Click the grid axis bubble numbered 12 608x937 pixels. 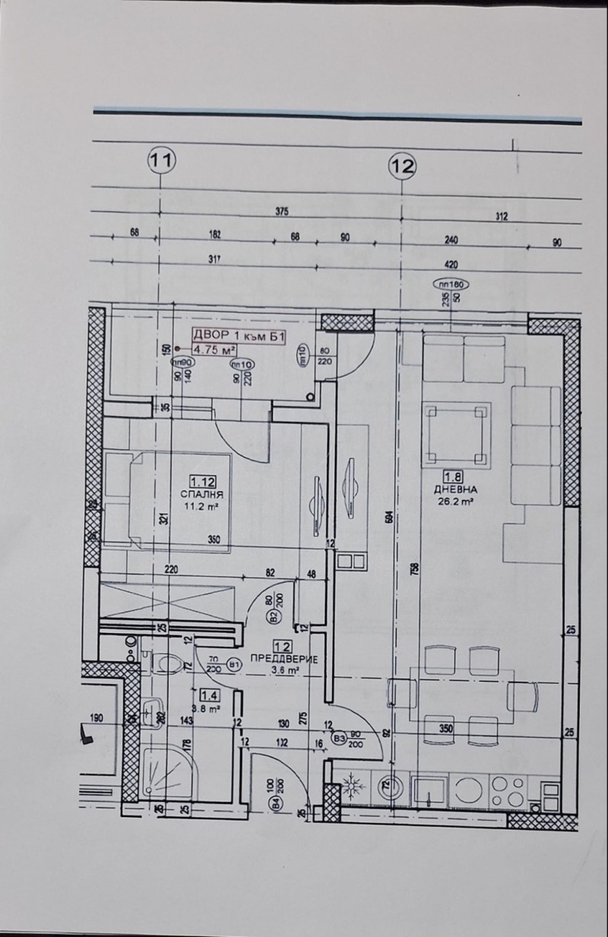click(x=402, y=165)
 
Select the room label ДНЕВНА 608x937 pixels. click(x=456, y=490)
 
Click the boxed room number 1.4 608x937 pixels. click(x=211, y=694)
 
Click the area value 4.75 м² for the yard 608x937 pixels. click(x=213, y=350)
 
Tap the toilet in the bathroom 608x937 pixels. click(x=162, y=663)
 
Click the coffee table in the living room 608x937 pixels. click(x=456, y=433)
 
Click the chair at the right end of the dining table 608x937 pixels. click(x=524, y=695)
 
